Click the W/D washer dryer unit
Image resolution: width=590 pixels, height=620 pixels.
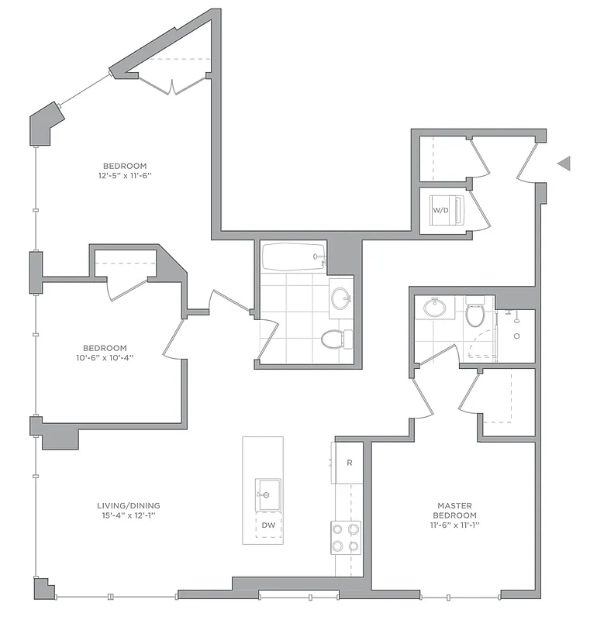[447, 210]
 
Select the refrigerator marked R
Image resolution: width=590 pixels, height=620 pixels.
[347, 463]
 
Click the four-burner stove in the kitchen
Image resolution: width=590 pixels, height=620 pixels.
[346, 537]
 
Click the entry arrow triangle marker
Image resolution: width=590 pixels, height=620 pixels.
[564, 163]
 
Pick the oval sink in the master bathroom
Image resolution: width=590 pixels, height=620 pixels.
[434, 308]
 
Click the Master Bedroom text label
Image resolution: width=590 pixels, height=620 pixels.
[455, 510]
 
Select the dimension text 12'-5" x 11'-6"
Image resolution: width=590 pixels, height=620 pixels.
[125, 176]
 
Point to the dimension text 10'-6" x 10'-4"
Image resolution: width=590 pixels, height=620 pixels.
[116, 358]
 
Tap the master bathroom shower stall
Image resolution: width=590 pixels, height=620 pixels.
[516, 336]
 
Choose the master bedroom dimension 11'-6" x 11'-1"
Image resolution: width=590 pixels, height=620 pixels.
[455, 525]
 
